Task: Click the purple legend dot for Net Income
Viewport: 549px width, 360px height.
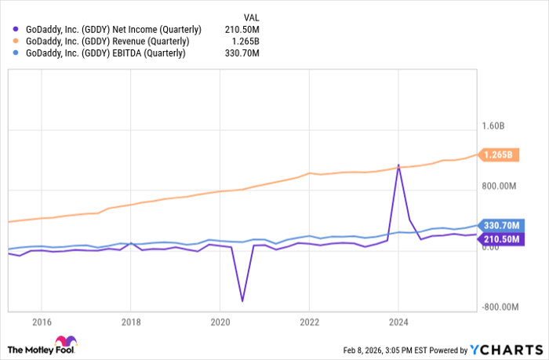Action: coord(16,29)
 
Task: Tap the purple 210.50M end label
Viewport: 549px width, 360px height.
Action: coord(497,238)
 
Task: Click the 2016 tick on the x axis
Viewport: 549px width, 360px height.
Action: coord(42,321)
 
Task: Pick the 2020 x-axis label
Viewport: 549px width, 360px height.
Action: coord(220,321)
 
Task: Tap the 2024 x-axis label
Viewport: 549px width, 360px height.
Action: coord(399,321)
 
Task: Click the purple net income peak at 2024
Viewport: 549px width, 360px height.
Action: coord(398,165)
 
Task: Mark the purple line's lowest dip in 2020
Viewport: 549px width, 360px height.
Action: coord(242,300)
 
